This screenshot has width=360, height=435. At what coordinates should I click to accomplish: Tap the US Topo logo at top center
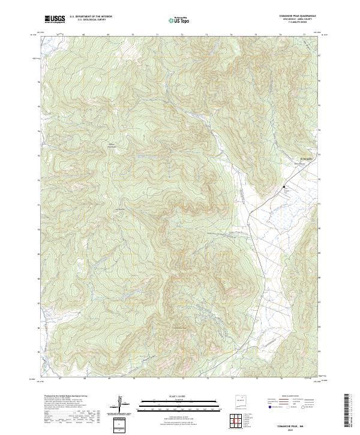(180, 20)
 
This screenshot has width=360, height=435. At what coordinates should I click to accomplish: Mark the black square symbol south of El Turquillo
(284, 187)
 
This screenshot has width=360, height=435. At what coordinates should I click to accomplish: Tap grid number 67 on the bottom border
(60, 379)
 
